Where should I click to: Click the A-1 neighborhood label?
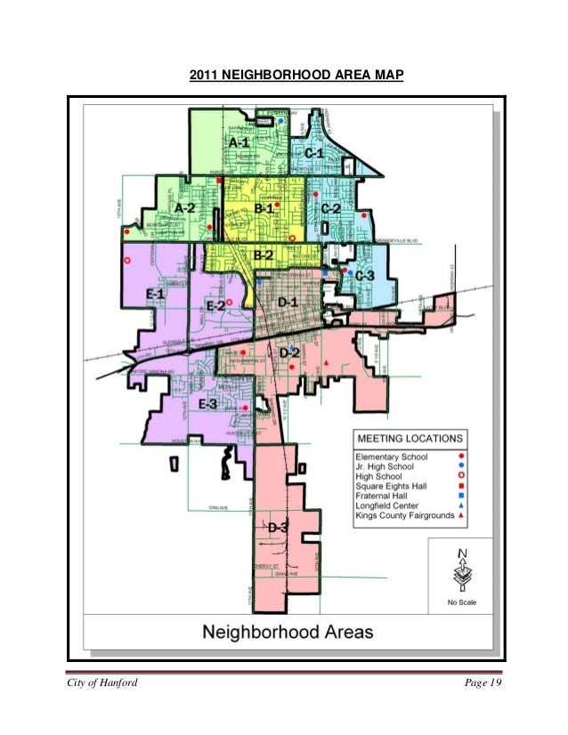(x=239, y=142)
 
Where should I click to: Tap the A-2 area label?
(x=184, y=207)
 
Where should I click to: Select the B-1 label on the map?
(x=264, y=208)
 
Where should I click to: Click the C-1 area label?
(x=313, y=154)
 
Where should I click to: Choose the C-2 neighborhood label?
(x=330, y=208)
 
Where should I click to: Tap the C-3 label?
(x=364, y=277)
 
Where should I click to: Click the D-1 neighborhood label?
(x=288, y=303)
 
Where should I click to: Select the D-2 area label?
(x=289, y=353)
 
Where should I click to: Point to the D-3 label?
(x=278, y=528)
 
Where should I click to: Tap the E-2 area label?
(x=215, y=305)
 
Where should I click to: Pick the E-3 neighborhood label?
(x=207, y=406)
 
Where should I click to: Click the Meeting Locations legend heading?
(x=410, y=439)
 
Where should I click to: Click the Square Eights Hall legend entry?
(x=391, y=487)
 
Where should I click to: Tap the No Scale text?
(x=461, y=603)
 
